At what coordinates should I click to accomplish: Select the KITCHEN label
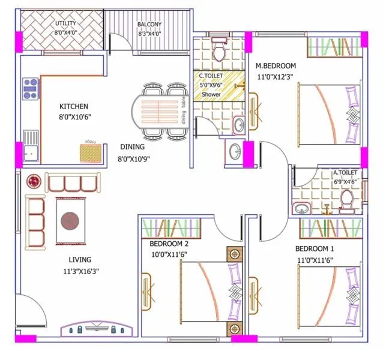74,106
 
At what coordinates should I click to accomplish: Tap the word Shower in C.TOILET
211,95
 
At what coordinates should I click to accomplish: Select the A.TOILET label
345,173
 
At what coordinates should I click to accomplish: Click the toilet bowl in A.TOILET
346,201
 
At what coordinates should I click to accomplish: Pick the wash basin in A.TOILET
301,208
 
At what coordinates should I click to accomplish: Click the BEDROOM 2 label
169,244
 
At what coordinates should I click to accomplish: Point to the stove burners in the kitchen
31,89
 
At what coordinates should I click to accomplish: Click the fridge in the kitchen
91,150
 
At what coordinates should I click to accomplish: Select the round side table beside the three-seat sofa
34,181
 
